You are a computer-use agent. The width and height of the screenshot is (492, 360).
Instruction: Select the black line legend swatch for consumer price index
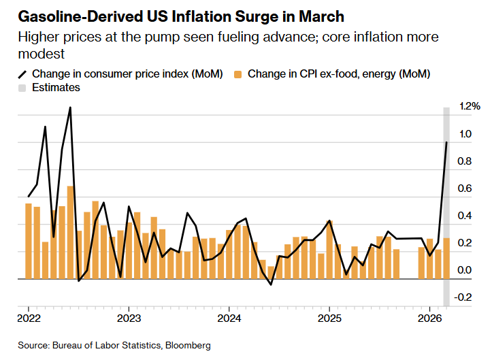(x=22, y=73)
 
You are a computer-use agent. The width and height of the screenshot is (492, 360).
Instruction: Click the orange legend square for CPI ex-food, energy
(x=238, y=73)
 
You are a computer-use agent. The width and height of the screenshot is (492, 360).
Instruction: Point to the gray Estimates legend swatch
(x=22, y=88)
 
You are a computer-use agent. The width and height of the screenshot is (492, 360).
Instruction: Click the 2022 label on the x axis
(x=29, y=318)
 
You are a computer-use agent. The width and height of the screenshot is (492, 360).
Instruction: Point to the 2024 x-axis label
(x=229, y=318)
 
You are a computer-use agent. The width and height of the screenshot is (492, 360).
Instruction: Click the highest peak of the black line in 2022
(x=70, y=108)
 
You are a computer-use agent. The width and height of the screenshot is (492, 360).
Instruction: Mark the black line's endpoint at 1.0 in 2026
(x=446, y=142)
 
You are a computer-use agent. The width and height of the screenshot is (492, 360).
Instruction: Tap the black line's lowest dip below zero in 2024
(x=271, y=284)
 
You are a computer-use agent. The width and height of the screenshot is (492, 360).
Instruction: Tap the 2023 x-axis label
(x=129, y=318)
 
